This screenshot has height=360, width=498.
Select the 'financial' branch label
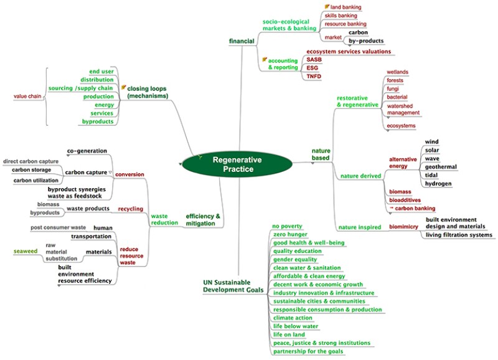242,41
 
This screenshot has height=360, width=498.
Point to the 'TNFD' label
314,76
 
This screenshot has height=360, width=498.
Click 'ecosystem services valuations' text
349,51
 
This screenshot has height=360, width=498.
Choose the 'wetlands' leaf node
397,72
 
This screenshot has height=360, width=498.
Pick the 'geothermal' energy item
441,167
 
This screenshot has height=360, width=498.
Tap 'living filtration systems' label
459,235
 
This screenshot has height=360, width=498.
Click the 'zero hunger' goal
291,234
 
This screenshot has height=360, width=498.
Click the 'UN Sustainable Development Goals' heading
233,287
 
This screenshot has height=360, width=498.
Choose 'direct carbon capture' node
31,161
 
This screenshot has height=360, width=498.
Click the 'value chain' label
28,97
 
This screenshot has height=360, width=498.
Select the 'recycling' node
131,209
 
